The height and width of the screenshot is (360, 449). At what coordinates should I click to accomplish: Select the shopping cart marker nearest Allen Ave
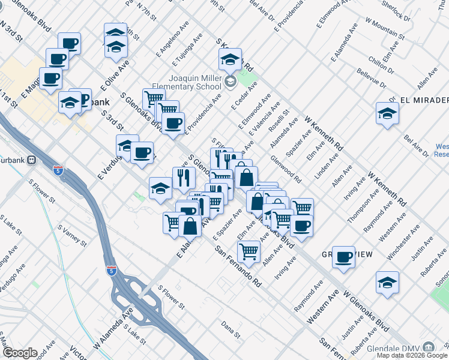pos(248,250)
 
